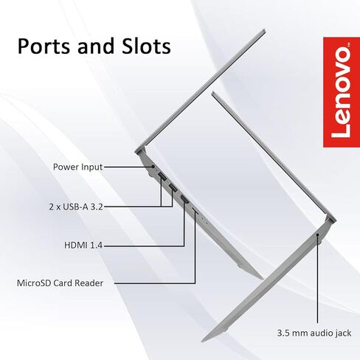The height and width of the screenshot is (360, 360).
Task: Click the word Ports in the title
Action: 44,46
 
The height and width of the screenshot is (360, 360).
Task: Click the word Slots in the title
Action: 146,46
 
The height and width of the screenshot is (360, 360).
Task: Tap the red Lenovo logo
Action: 342,92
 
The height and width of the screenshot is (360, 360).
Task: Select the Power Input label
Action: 77,167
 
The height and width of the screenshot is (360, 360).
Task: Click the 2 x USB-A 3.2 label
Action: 76,207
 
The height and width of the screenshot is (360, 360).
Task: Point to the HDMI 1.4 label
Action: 83,245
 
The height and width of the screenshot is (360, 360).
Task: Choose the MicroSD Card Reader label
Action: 60,283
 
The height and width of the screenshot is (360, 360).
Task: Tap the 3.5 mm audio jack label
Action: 314,333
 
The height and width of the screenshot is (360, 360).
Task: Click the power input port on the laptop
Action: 153,167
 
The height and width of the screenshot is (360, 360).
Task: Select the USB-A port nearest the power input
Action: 162,176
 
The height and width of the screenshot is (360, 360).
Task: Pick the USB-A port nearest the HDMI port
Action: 173,187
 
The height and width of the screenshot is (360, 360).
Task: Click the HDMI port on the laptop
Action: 184,198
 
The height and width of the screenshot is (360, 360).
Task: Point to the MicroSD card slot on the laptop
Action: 195,210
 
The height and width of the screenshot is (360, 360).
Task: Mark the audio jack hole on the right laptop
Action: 318,235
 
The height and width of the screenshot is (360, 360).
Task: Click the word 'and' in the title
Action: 96,46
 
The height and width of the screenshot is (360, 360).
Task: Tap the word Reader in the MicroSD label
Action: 89,283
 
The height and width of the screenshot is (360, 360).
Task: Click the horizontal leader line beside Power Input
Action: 128,167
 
